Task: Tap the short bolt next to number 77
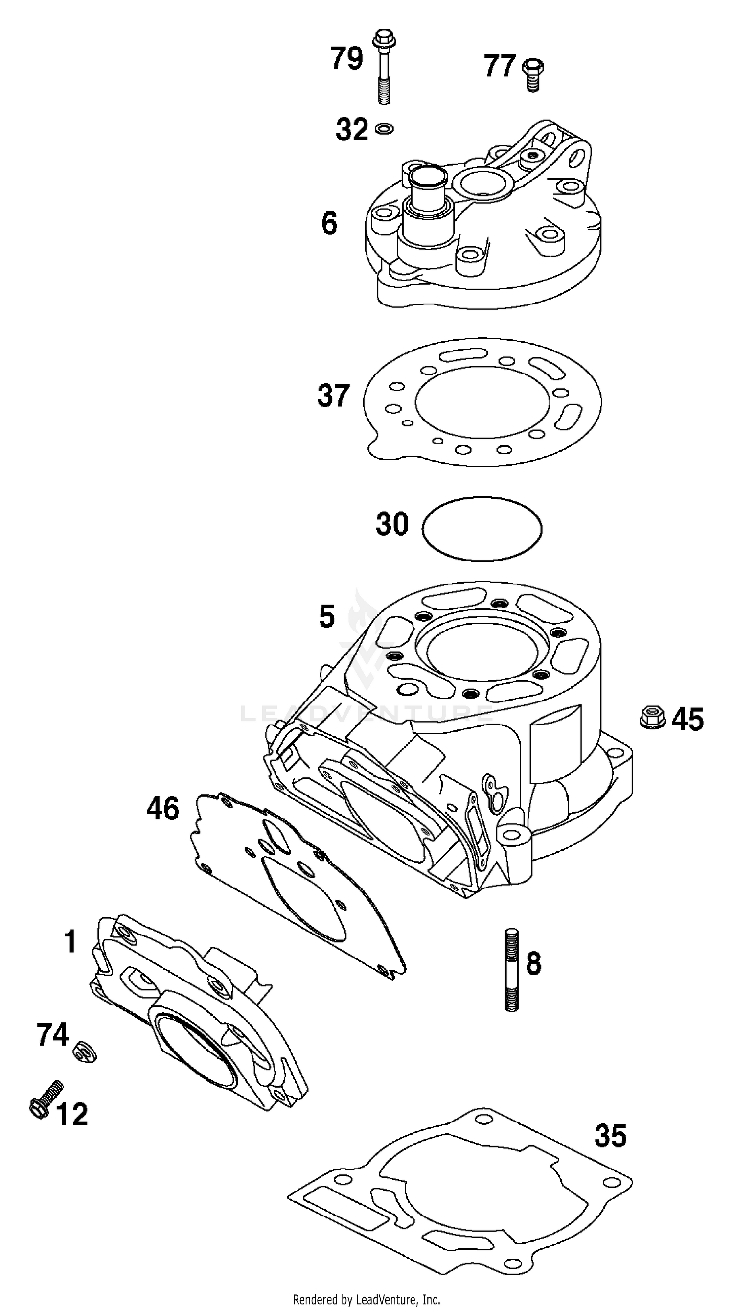(532, 74)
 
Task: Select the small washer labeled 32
(385, 128)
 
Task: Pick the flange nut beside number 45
(652, 717)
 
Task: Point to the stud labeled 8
(511, 969)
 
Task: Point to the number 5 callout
(326, 616)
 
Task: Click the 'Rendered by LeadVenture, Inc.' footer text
(366, 1299)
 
